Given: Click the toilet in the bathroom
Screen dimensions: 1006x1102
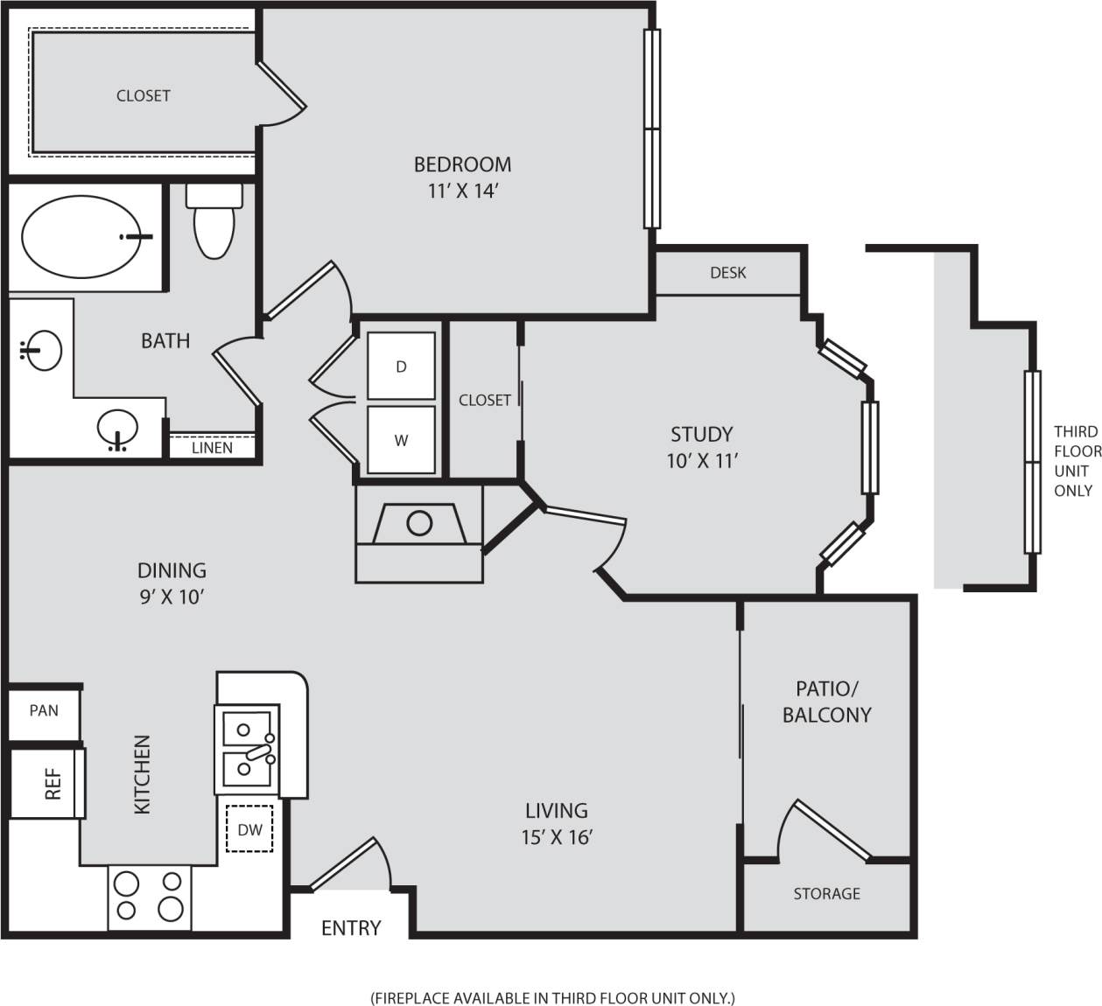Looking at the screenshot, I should point(214,223).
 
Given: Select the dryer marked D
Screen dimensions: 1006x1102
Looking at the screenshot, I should point(401,366).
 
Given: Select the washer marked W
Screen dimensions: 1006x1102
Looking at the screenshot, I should point(401,440).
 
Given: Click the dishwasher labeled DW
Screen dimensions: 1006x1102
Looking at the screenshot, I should point(249,828).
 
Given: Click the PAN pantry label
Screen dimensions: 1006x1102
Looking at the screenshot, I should point(44,710).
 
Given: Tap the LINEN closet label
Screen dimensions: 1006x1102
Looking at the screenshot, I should point(212,448).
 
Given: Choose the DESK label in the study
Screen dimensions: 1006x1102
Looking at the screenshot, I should point(727,273).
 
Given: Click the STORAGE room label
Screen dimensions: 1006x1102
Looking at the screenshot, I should point(826,893).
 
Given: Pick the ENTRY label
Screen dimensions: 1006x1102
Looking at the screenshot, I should point(351,927).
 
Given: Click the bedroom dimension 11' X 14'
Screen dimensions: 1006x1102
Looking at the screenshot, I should point(462,191).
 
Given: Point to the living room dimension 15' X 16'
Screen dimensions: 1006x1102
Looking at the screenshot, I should point(557,837).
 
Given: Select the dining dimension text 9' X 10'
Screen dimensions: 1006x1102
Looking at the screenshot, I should point(172,597).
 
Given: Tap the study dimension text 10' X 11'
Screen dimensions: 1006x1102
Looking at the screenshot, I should point(702,460).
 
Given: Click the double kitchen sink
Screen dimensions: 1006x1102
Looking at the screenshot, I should point(248,749).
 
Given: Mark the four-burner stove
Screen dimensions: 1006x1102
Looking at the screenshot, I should point(150,896).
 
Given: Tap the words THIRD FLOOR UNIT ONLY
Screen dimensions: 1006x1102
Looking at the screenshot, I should point(1076,461).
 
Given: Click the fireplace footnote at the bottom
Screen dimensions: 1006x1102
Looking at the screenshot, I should point(553,997).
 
